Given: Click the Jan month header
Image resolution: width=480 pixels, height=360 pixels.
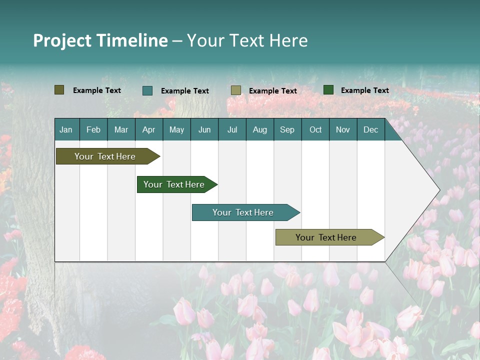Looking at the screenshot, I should point(66,129).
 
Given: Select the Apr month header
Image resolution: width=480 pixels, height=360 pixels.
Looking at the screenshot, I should point(148,129).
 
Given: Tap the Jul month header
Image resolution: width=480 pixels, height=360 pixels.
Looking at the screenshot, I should point(232,129).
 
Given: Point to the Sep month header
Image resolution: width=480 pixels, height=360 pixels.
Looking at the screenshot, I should point(287,129).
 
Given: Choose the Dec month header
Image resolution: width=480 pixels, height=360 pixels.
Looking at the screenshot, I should point(370,129).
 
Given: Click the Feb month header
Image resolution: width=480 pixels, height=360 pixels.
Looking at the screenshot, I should point(93,129).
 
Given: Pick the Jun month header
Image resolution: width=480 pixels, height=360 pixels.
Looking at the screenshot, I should point(204,129).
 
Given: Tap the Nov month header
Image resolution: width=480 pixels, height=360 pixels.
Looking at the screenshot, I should point(342,129).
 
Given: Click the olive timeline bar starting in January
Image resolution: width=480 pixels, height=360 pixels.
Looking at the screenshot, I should point(105,156).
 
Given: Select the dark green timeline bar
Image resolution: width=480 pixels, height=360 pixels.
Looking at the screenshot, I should point(174,184).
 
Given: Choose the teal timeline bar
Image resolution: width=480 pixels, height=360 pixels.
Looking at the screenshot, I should point(243,212).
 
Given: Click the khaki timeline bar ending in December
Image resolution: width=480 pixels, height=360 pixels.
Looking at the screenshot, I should point(326,237).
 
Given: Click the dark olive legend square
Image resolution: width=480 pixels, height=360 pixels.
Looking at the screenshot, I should point(59,90).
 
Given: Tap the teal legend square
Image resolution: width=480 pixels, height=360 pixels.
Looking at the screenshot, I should point(147,90).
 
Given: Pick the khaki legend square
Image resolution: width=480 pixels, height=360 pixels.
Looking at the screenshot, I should point(236,90).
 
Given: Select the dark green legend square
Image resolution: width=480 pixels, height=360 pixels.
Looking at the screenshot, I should point(328,90).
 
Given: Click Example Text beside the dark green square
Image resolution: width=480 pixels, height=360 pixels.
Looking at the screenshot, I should point(364,90).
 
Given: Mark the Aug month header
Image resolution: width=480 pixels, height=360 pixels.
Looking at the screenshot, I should point(259,129).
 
